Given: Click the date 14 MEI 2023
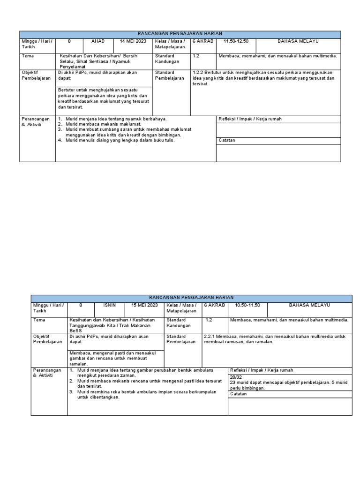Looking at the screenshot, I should point(133,41).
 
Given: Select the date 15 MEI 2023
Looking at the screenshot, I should point(144,305).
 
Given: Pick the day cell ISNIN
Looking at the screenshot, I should point(109,305).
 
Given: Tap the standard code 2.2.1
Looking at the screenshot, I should point(210,337).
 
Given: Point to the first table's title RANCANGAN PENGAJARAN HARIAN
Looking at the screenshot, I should point(180,34).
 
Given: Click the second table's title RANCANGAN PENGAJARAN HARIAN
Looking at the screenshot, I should point(191,298).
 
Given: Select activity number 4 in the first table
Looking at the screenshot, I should point(60,140).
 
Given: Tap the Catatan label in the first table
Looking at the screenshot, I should point(227,140).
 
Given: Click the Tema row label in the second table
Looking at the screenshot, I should point(39,320).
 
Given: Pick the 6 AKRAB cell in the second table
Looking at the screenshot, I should point(214,305).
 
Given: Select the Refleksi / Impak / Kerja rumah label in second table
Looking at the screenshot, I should point(260,370).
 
